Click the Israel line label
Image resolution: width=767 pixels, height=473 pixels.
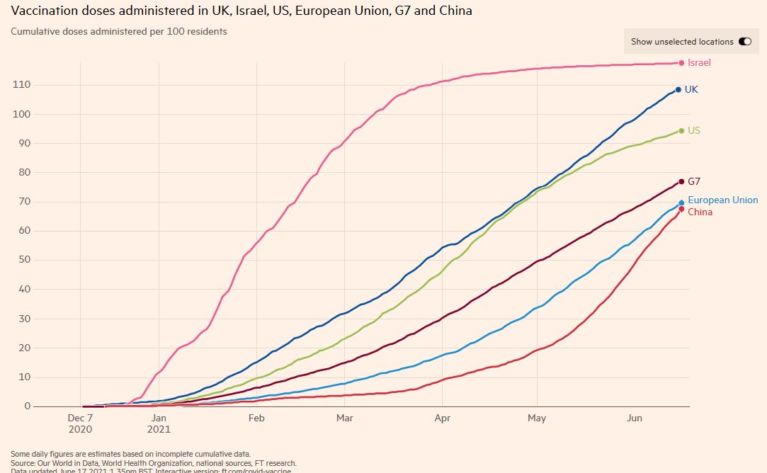pyautogui.click(x=699, y=63)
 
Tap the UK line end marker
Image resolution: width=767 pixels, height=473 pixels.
pyautogui.click(x=678, y=90)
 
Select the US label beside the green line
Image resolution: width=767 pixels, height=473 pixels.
pyautogui.click(x=694, y=131)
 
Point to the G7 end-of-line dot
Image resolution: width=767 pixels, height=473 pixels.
pyautogui.click(x=681, y=182)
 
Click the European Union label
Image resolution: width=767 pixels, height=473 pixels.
pyautogui.click(x=722, y=200)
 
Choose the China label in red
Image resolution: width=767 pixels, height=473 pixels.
pyautogui.click(x=700, y=212)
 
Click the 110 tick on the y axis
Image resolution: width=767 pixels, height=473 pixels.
pyautogui.click(x=21, y=85)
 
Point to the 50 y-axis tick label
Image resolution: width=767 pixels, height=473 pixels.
pyautogui.click(x=24, y=260)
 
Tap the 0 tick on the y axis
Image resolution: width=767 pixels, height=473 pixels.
pyautogui.click(x=28, y=406)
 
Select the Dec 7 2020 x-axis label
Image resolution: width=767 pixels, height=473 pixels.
pyautogui.click(x=81, y=423)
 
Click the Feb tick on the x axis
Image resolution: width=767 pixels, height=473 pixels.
pyautogui.click(x=256, y=418)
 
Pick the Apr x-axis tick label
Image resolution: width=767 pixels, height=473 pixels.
pyautogui.click(x=442, y=418)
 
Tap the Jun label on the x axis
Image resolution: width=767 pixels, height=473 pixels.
pyautogui.click(x=635, y=418)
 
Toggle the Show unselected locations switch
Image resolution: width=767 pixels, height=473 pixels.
pyautogui.click(x=745, y=42)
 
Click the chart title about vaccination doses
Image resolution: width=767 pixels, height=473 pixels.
pyautogui.click(x=242, y=11)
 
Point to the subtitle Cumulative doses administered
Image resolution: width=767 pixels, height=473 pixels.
pyautogui.click(x=119, y=32)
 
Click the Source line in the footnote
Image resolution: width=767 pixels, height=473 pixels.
pyautogui.click(x=153, y=463)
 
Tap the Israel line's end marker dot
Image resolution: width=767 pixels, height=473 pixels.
pyautogui.click(x=681, y=63)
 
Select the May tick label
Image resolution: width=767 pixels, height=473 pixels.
pyautogui.click(x=537, y=418)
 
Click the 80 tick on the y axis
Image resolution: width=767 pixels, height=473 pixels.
pyautogui.click(x=24, y=173)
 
